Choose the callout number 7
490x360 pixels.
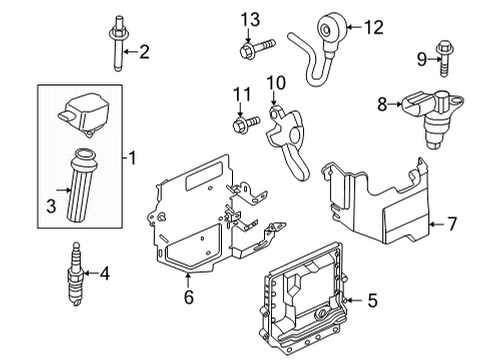[x=452, y=225]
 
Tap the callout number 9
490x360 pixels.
[x=421, y=58]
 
